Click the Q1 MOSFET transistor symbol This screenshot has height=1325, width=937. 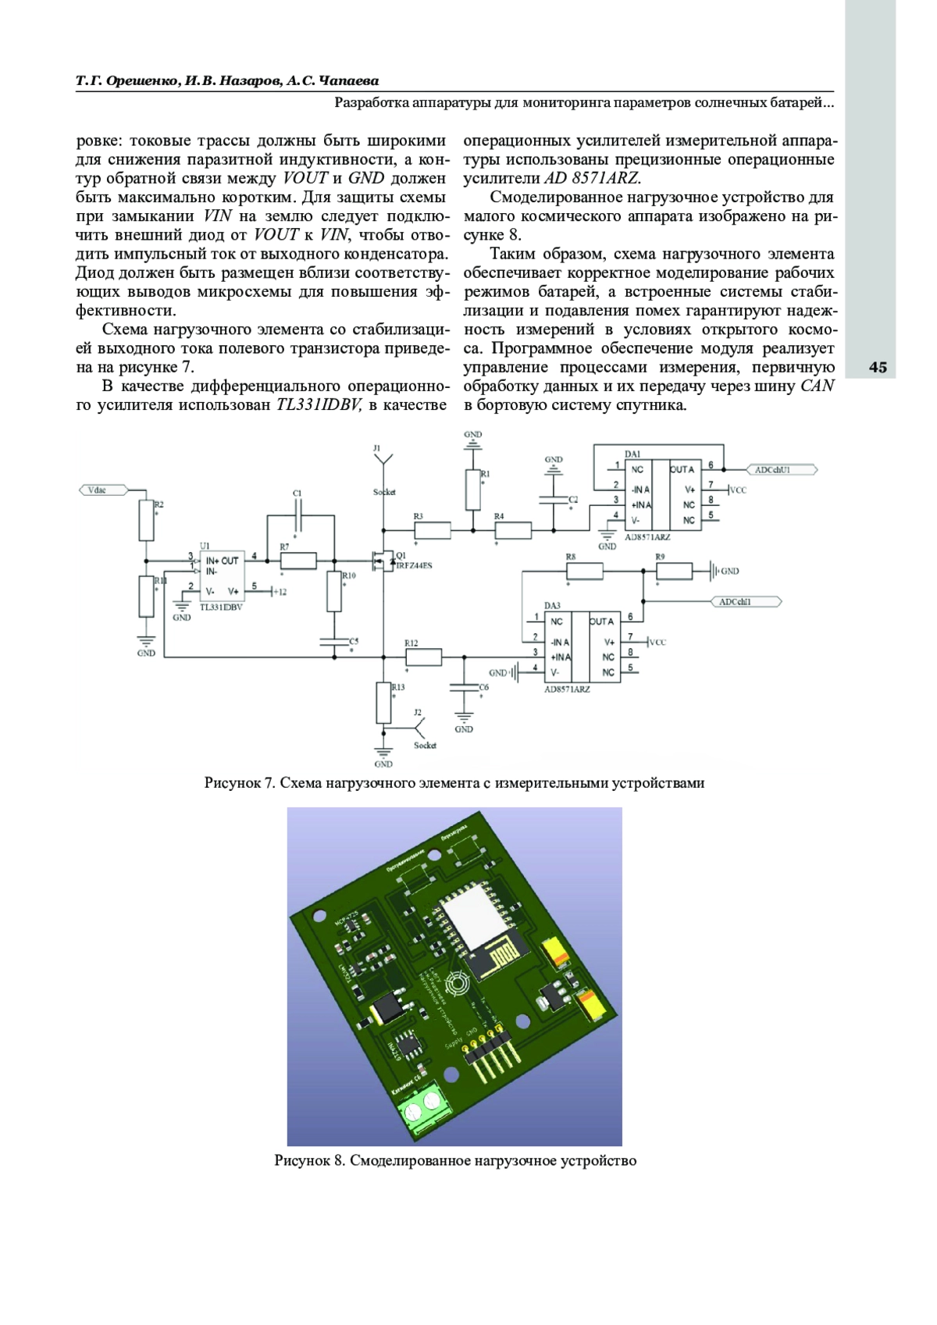click(x=382, y=560)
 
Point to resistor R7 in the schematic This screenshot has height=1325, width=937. click(x=297, y=560)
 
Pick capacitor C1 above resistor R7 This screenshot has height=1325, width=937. click(x=297, y=507)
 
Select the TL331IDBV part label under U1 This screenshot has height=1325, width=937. click(x=221, y=607)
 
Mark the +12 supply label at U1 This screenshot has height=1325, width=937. click(x=278, y=592)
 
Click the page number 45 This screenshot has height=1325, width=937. click(x=878, y=368)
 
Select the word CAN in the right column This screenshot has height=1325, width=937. click(x=817, y=386)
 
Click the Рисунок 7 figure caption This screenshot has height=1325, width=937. click(x=454, y=782)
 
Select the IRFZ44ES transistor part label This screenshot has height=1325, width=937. click(x=414, y=565)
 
